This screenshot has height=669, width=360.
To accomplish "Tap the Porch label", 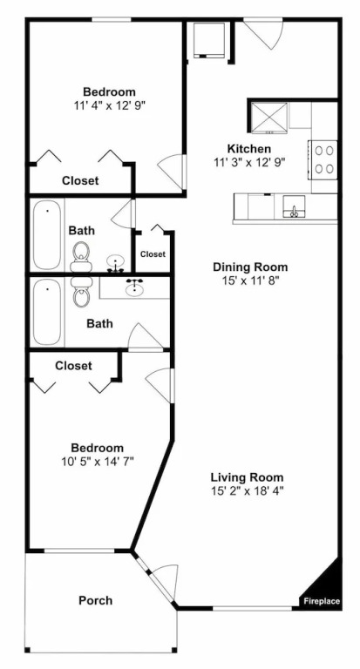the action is [96, 600].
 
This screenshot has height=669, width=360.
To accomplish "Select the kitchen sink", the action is [295, 207].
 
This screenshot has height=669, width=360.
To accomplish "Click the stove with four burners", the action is [323, 159].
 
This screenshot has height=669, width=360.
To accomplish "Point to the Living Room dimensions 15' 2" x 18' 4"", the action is [248, 490].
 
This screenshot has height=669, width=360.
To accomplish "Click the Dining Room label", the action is [250, 267].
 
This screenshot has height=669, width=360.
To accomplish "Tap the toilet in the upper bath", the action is [81, 256].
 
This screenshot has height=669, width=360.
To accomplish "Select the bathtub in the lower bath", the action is [47, 312].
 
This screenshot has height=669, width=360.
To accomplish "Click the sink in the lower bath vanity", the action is [135, 287].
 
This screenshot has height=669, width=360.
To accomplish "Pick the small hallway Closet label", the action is [153, 254].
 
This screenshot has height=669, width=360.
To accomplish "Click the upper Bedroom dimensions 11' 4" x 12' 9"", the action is [109, 105].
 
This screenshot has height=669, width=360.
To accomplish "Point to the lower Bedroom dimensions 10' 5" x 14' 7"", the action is [98, 461].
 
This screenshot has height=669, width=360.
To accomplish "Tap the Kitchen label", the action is [249, 149].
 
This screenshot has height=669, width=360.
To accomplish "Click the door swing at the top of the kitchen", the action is [268, 34].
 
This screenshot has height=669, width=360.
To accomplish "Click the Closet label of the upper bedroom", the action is [80, 180].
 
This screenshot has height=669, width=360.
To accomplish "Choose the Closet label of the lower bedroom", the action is [73, 366].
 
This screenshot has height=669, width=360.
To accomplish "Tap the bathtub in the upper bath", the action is [47, 235].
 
